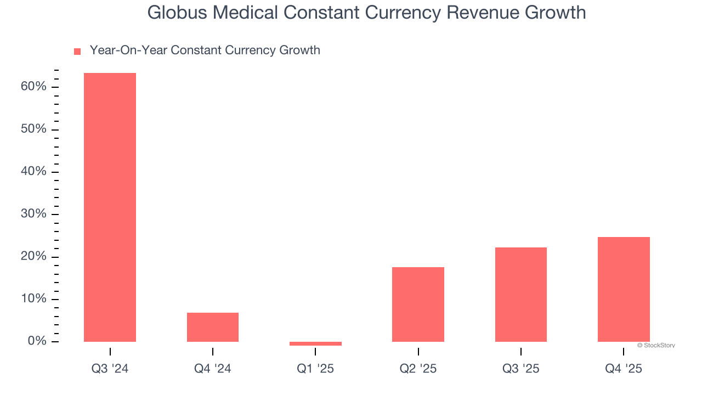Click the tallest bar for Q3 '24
pyautogui.click(x=110, y=207)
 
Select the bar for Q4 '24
pyautogui.click(x=213, y=327)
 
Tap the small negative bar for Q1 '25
pyautogui.click(x=315, y=343)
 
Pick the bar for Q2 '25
pyautogui.click(x=418, y=304)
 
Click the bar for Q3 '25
pyautogui.click(x=520, y=295)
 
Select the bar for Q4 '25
pyautogui.click(x=624, y=289)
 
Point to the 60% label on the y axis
pyautogui.click(x=33, y=87)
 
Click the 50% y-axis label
pyautogui.click(x=33, y=129)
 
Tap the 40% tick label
pyautogui.click(x=33, y=171)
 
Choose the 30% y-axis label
pyautogui.click(x=33, y=213)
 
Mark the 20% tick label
pyautogui.click(x=33, y=256)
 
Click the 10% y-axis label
pyautogui.click(x=33, y=298)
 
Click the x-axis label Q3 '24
pyautogui.click(x=110, y=369)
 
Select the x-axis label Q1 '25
pyautogui.click(x=315, y=369)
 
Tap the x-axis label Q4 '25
pyautogui.click(x=624, y=369)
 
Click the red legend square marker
pyautogui.click(x=77, y=52)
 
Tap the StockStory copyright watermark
pyautogui.click(x=656, y=346)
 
